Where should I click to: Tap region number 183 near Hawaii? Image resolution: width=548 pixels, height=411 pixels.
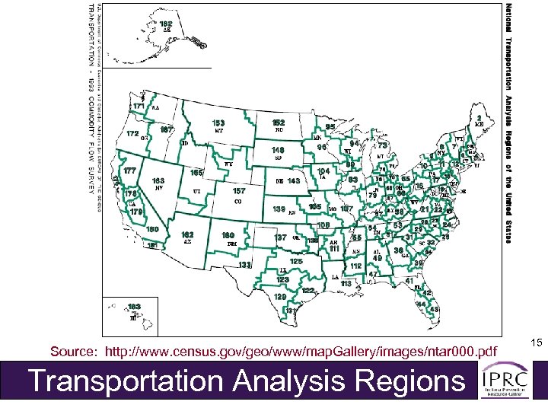(x=135, y=306)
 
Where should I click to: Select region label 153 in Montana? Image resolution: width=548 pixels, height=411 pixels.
(x=218, y=123)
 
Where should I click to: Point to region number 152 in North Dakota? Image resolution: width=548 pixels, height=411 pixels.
(x=279, y=122)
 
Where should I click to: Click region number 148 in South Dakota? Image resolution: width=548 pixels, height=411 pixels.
(x=279, y=151)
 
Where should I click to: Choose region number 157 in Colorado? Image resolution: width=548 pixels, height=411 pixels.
(x=239, y=192)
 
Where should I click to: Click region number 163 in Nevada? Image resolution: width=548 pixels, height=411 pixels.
(x=160, y=180)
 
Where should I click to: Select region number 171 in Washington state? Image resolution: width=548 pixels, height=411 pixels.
(x=139, y=105)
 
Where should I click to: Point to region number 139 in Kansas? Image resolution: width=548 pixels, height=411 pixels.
(x=279, y=209)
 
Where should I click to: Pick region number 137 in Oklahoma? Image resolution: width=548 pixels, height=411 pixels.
(x=280, y=237)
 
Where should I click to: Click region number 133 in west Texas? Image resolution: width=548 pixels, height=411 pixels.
(x=245, y=265)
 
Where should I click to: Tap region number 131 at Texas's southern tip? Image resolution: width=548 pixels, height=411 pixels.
(x=291, y=311)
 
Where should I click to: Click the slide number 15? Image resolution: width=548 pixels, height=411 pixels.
(x=536, y=345)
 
